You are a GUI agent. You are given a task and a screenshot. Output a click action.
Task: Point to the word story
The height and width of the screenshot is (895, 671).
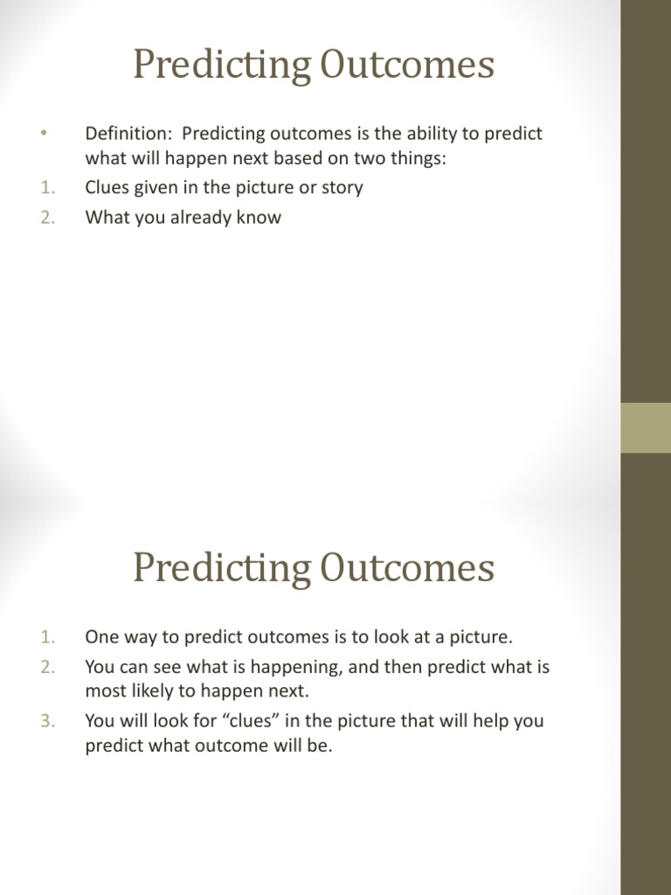(x=341, y=188)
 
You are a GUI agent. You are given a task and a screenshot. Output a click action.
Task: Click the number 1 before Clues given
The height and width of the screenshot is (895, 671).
(x=47, y=188)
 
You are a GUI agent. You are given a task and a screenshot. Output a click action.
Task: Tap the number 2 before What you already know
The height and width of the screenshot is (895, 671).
(x=47, y=218)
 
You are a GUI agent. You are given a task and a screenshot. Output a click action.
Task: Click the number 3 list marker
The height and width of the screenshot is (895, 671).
(x=47, y=721)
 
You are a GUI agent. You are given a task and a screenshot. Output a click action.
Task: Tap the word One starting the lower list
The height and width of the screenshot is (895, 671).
(x=100, y=637)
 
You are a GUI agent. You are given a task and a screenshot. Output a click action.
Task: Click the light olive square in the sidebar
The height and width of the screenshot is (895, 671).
(x=646, y=427)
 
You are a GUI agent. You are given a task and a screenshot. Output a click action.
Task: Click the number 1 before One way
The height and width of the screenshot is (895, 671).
(x=47, y=637)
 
